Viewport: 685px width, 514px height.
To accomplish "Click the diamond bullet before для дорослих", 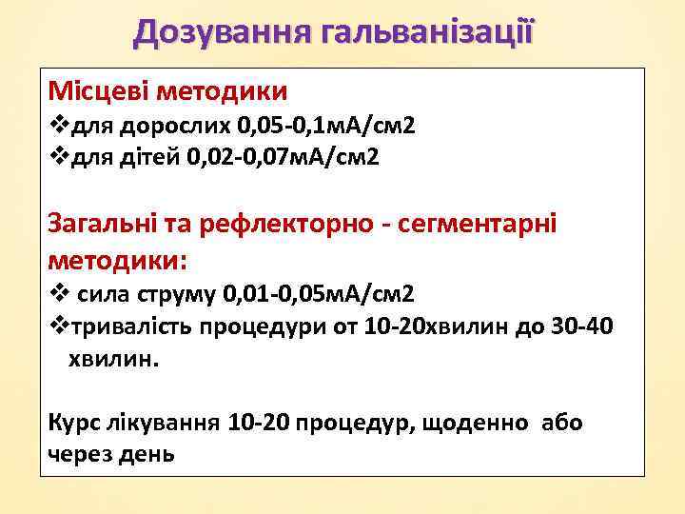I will click(56, 126).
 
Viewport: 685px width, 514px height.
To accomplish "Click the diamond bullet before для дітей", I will click(56, 156).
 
